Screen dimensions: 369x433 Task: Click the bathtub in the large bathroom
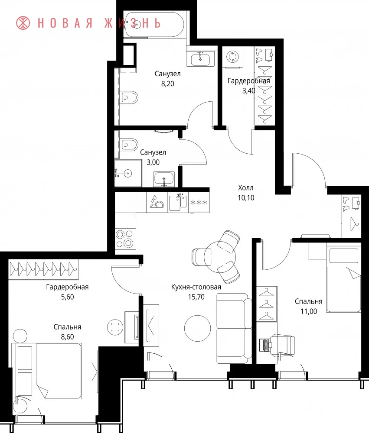pyautogui.click(x=153, y=24)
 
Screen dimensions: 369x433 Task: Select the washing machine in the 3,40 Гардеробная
pyautogui.click(x=232, y=57)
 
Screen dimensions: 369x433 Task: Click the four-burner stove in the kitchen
pyautogui.click(x=125, y=239)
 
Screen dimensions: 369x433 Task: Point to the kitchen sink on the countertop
pyautogui.click(x=178, y=202)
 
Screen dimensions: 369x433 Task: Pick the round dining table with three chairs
pyautogui.click(x=220, y=257)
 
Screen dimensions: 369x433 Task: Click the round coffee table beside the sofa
pyautogui.click(x=197, y=328)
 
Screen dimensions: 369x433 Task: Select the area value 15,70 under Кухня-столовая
pyautogui.click(x=196, y=297)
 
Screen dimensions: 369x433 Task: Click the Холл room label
pyautogui.click(x=245, y=188)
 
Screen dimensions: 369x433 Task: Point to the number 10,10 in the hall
pyautogui.click(x=246, y=198)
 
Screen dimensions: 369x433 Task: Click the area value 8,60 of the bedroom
pyautogui.click(x=68, y=337)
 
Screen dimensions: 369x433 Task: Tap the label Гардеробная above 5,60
pyautogui.click(x=67, y=287)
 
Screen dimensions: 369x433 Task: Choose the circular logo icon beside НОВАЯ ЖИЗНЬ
pyautogui.click(x=23, y=23)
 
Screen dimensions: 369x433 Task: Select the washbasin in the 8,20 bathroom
pyautogui.click(x=198, y=59)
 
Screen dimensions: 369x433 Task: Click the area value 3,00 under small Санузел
pyautogui.click(x=153, y=162)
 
